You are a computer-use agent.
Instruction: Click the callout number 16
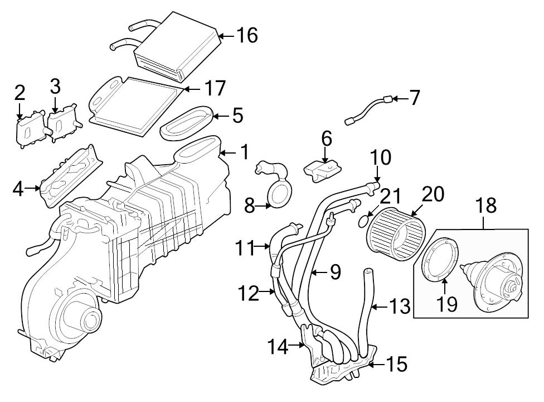(x=246, y=35)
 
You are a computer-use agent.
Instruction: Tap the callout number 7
(x=414, y=98)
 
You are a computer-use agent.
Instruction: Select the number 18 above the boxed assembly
(x=486, y=205)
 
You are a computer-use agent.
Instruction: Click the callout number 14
(x=278, y=347)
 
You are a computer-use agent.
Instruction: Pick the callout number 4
(x=18, y=189)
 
